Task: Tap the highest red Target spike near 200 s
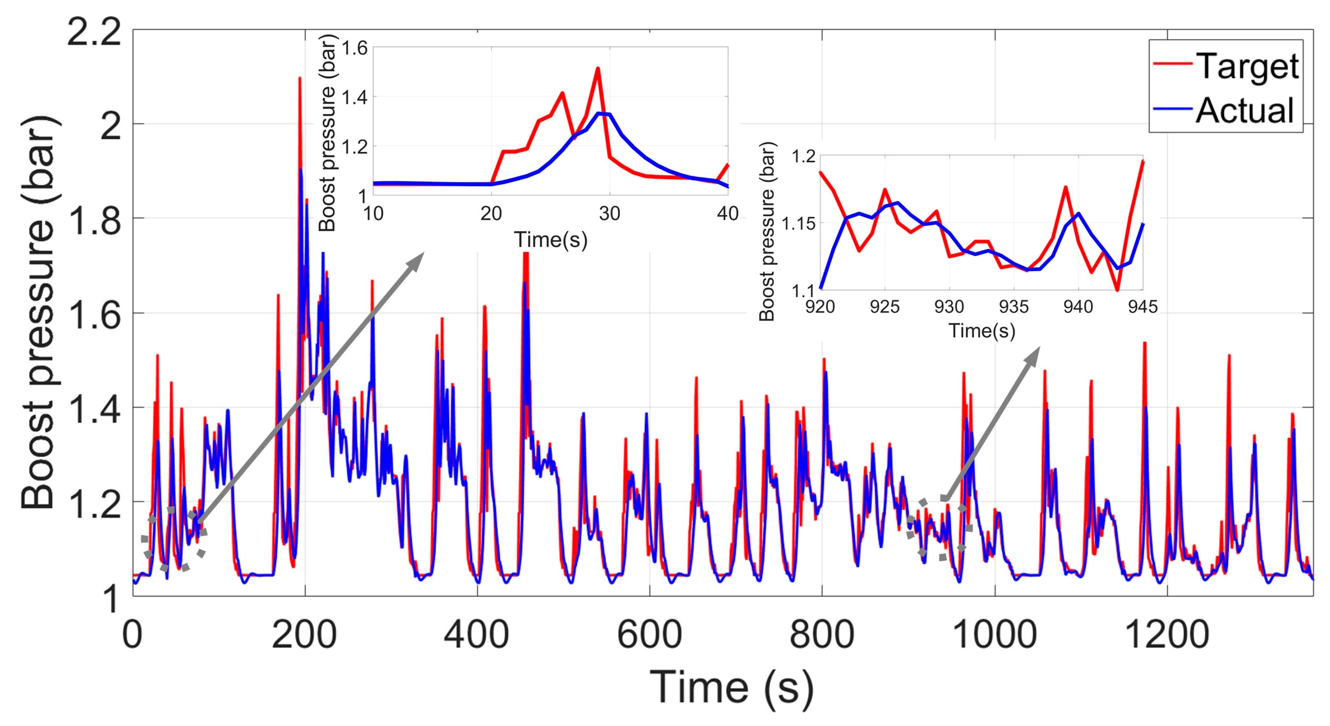[300, 78]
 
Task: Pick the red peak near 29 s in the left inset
[597, 68]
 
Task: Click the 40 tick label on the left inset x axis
[727, 213]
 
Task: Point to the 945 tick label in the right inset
[1142, 307]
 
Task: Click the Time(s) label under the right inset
[982, 330]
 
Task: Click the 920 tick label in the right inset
[820, 307]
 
